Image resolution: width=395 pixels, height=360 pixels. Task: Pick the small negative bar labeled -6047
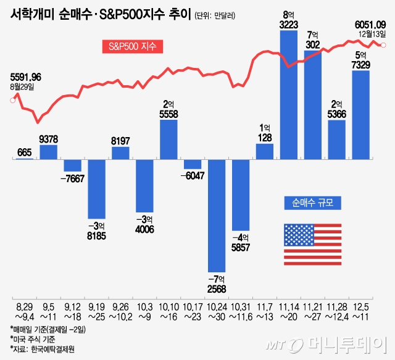click(193, 164)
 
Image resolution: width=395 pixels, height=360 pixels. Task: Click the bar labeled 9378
click(48, 152)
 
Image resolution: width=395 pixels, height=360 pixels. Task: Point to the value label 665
click(24, 152)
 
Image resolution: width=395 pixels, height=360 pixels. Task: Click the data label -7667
click(72, 178)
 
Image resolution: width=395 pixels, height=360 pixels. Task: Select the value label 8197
click(120, 141)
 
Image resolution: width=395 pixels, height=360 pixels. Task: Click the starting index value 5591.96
click(26, 77)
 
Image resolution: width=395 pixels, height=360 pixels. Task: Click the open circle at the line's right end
click(384, 44)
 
